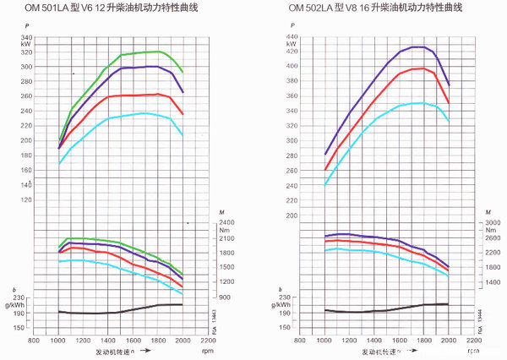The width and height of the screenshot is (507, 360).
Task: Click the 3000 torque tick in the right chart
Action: (492, 221)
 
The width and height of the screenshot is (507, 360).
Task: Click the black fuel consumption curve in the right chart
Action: (389, 308)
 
